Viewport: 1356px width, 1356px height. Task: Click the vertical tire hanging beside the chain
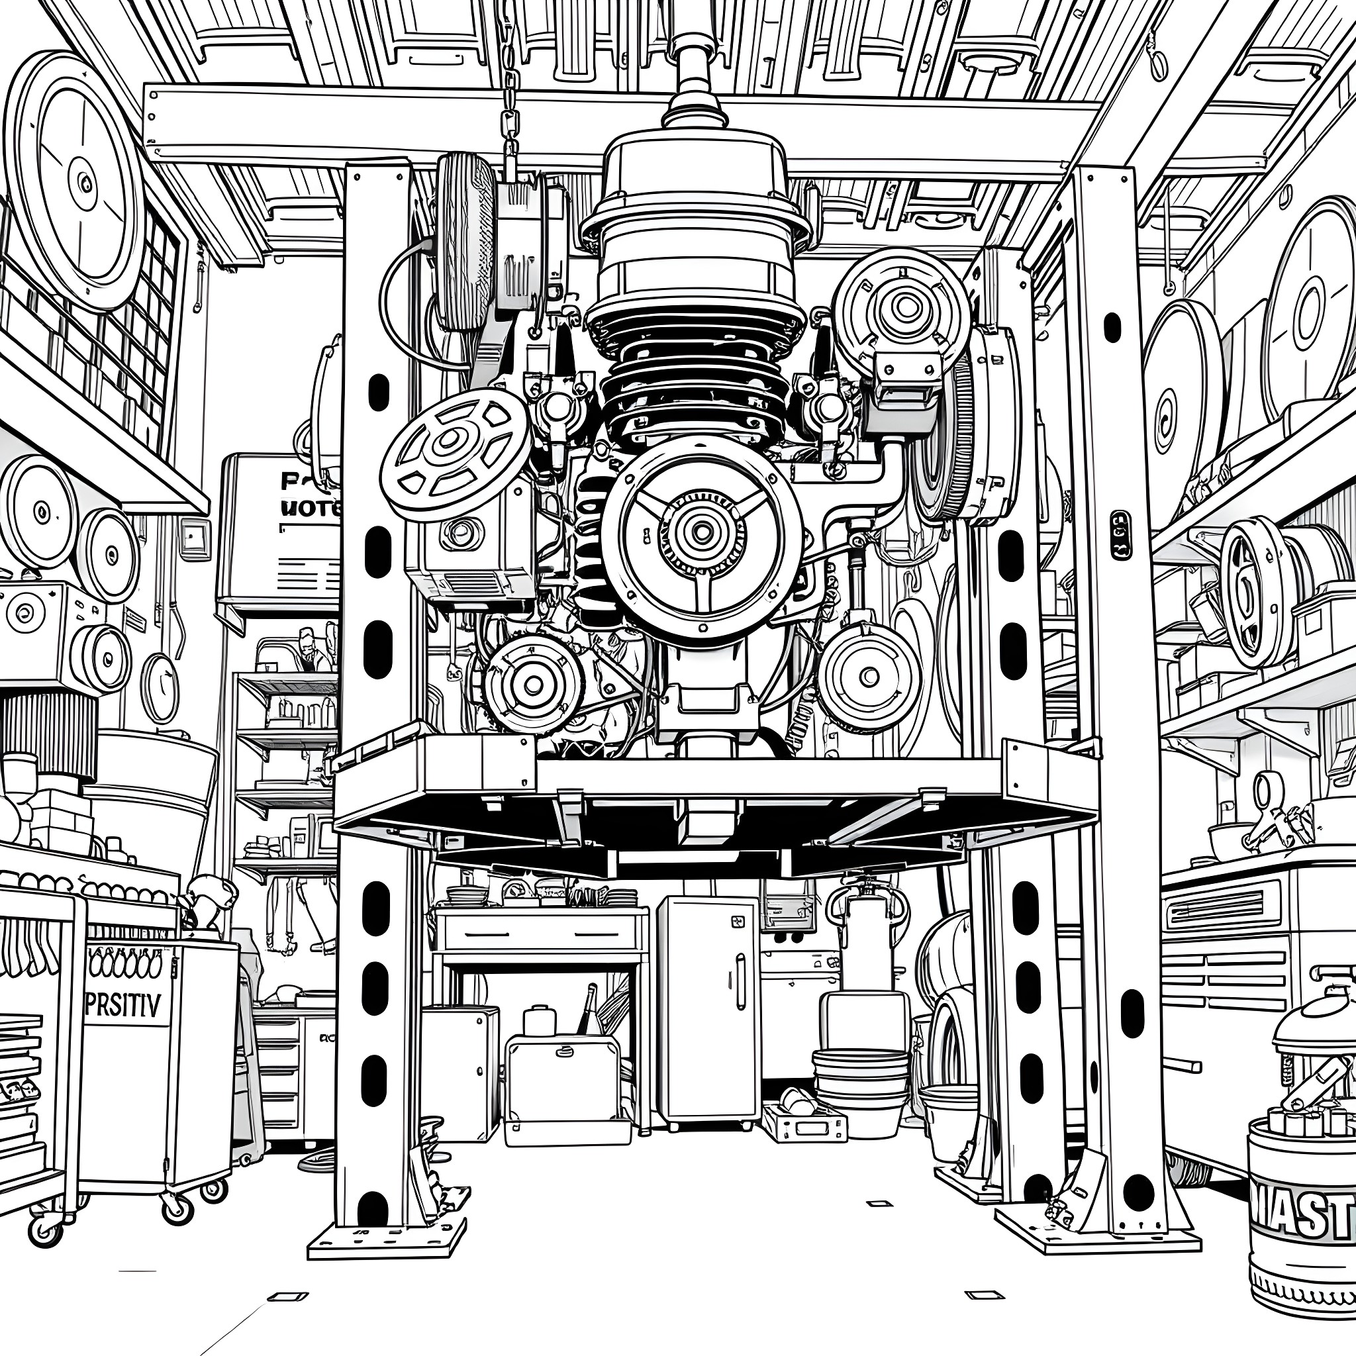coord(464,242)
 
